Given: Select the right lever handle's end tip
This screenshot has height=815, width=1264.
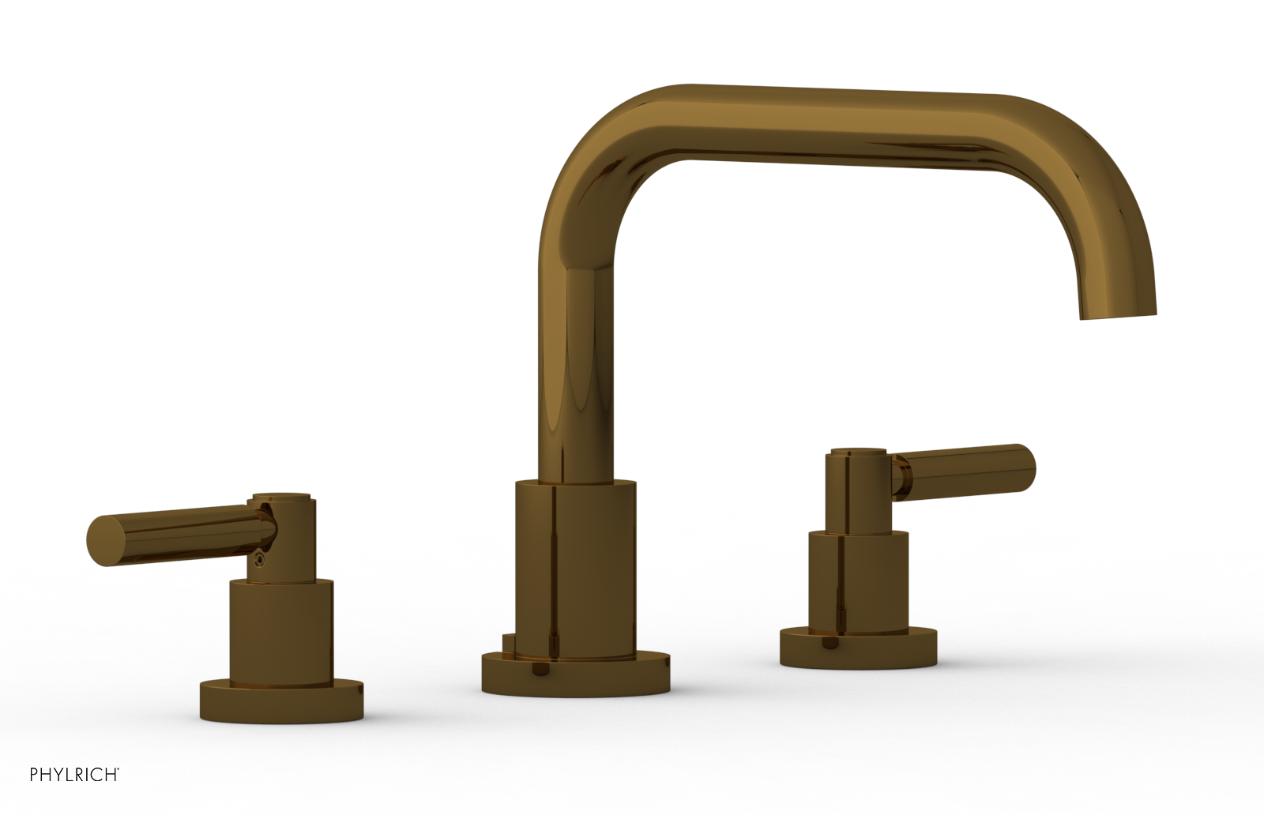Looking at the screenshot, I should (x=1027, y=461).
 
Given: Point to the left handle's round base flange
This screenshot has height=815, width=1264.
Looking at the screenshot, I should (x=282, y=698).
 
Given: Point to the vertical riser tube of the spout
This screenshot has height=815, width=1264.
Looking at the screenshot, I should (x=577, y=355).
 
